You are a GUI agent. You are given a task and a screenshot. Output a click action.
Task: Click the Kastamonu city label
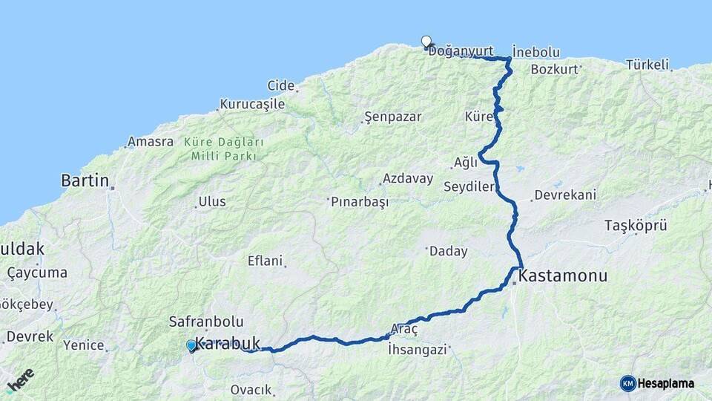pos(564,276)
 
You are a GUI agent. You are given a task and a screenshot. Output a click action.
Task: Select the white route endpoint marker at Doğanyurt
pos(426,42)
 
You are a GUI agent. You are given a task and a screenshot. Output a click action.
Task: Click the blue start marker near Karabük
pos(191,345)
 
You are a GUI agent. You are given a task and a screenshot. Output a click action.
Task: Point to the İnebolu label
pos(535,53)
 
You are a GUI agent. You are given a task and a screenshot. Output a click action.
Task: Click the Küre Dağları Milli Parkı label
pos(223,149)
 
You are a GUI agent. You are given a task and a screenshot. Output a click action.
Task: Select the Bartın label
pos(85,180)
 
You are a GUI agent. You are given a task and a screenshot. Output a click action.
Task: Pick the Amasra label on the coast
pos(151,141)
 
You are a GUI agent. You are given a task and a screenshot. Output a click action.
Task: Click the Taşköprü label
pos(636,224)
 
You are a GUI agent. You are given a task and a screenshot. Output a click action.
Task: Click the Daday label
pos(449,251)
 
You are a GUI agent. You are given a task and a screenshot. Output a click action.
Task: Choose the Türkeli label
pos(647,65)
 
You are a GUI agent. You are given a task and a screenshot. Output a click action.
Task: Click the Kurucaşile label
pos(252,104)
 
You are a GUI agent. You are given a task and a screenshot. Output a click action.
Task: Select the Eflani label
pos(265,261)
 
